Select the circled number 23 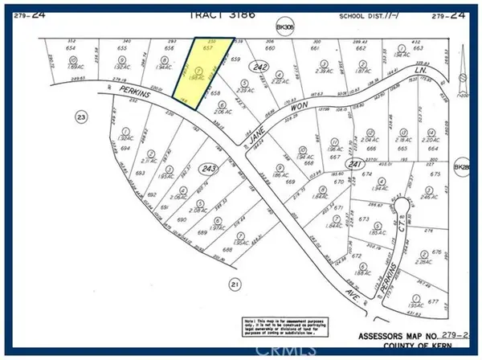pyautogui.click(x=58, y=117)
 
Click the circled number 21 pyautogui.click(x=235, y=283)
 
